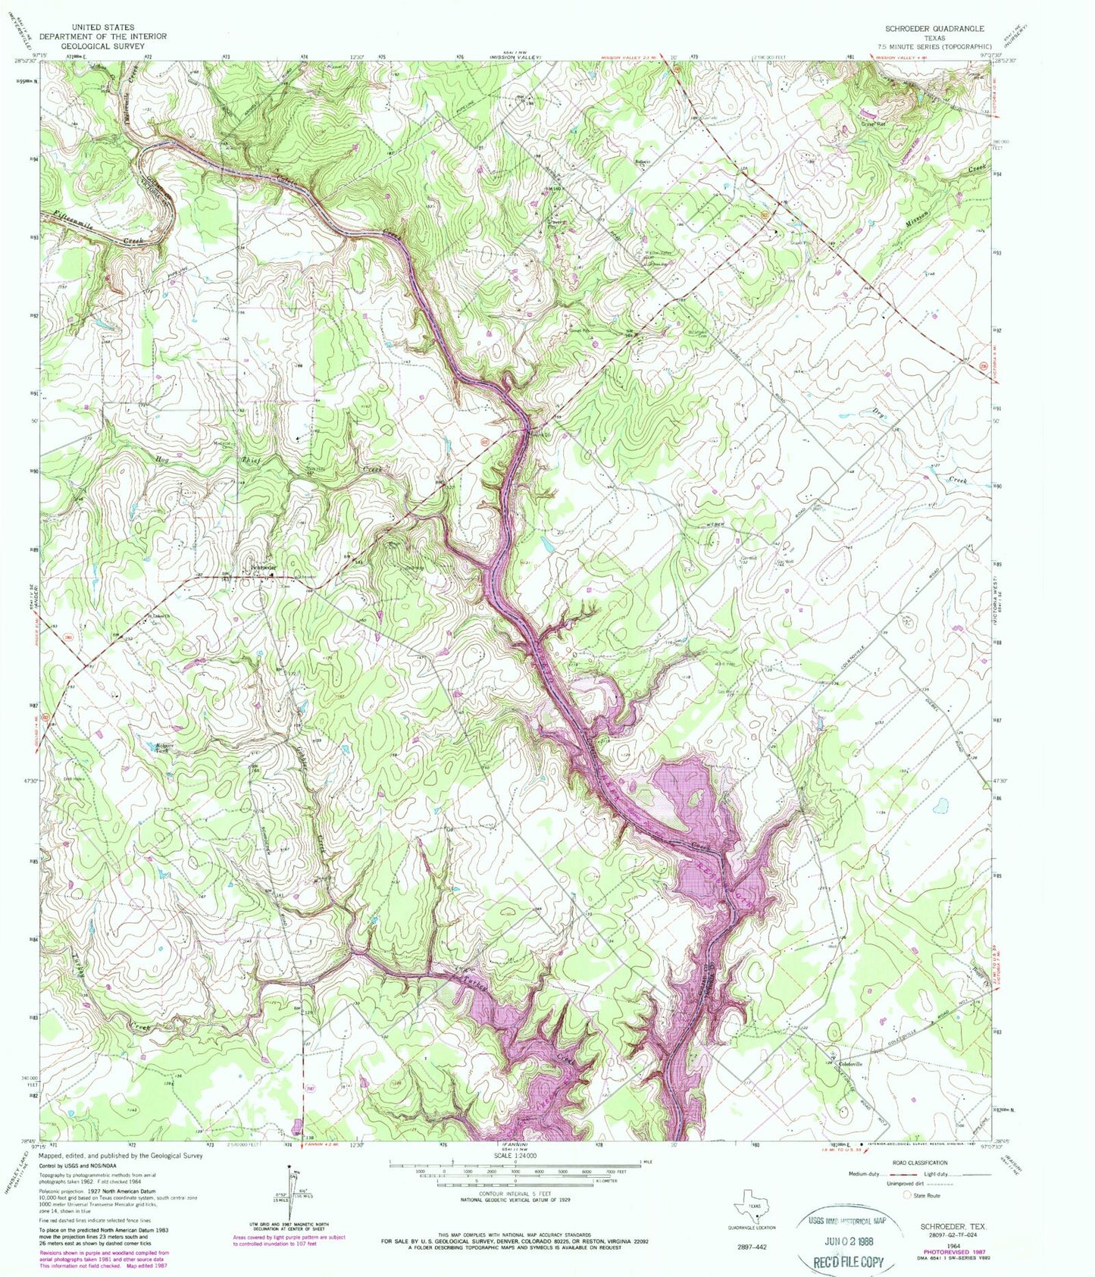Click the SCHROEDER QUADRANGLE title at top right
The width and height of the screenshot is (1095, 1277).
(x=934, y=28)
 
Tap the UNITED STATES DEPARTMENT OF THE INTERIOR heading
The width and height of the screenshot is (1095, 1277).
(x=103, y=36)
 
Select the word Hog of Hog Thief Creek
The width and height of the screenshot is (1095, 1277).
(x=162, y=459)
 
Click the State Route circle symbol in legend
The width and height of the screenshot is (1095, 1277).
(x=907, y=1195)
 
